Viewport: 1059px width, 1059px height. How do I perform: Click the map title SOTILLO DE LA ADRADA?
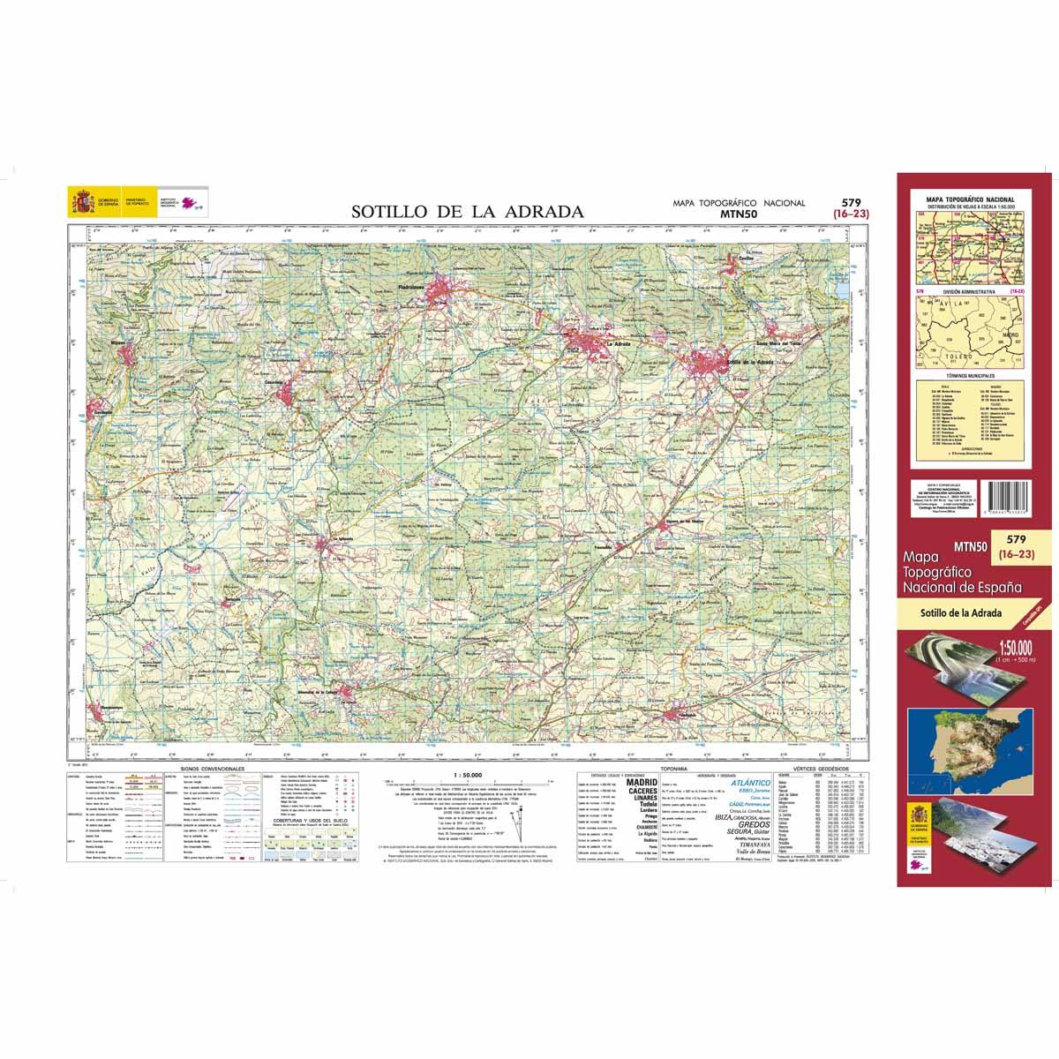pyautogui.click(x=468, y=212)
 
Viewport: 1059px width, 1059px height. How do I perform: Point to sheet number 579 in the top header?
pyautogui.click(x=851, y=201)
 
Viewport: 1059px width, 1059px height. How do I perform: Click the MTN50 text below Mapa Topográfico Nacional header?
pyautogui.click(x=740, y=213)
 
